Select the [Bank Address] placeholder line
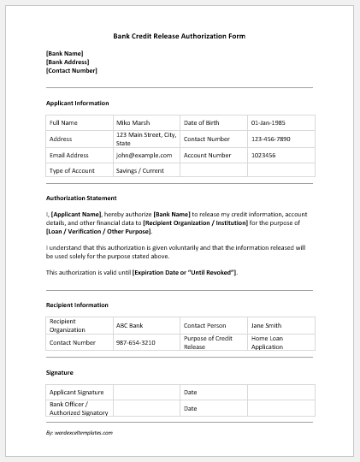click(66, 62)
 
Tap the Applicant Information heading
click(77, 103)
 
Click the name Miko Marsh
click(133, 122)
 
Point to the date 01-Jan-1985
click(269, 122)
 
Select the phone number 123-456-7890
click(270, 139)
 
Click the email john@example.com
click(144, 155)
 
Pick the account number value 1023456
click(263, 155)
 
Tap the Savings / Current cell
click(139, 170)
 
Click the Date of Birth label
click(202, 122)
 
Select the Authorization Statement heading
click(81, 198)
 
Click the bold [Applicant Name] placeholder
click(76, 214)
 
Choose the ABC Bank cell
click(131, 325)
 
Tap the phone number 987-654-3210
click(137, 341)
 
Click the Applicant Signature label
click(76, 392)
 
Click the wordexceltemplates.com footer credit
click(80, 433)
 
